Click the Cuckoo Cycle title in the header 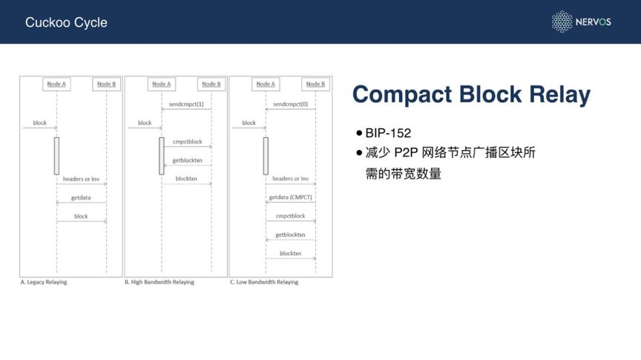(x=66, y=22)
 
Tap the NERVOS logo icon (x=562, y=22)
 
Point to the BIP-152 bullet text (x=388, y=134)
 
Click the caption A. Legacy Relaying (x=44, y=282)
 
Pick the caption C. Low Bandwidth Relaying (x=264, y=282)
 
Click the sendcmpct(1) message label (x=186, y=105)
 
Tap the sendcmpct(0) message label (x=290, y=105)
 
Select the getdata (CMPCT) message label (x=290, y=197)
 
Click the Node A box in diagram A (x=56, y=84)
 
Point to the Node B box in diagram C (x=315, y=84)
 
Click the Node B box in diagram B (x=211, y=84)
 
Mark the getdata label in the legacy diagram (x=81, y=197)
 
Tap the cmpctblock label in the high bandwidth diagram (x=187, y=142)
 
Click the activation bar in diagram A (x=56, y=156)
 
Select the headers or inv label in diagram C (x=290, y=179)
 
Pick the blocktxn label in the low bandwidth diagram (x=290, y=253)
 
